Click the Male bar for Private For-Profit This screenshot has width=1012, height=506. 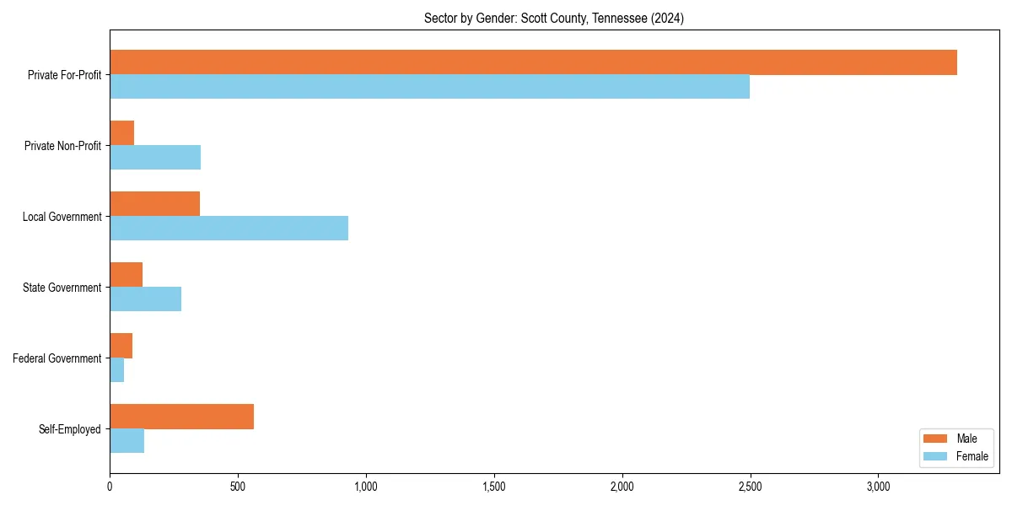tap(533, 62)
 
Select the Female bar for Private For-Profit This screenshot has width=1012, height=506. tap(429, 87)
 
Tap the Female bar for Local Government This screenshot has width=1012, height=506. tap(229, 228)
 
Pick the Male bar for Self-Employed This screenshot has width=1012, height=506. tap(181, 417)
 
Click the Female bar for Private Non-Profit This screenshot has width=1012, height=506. tap(155, 158)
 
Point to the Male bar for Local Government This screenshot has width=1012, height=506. tap(154, 204)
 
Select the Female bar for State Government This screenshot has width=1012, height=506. tap(145, 299)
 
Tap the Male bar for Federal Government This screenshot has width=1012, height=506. tap(121, 346)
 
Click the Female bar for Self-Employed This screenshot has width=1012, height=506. tap(126, 441)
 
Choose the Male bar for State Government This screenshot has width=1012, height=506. tap(126, 275)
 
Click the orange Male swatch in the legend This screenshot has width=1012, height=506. tap(936, 439)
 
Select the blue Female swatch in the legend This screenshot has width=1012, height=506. tap(936, 456)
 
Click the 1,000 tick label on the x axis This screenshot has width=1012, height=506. tap(366, 487)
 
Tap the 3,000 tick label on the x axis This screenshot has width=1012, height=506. tap(878, 487)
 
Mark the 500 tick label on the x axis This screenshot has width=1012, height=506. tap(238, 487)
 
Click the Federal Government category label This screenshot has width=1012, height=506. tap(57, 358)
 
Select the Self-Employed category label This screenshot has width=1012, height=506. tap(70, 429)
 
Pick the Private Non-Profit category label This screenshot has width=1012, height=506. tap(62, 146)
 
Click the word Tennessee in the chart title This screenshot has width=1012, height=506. tap(622, 18)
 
